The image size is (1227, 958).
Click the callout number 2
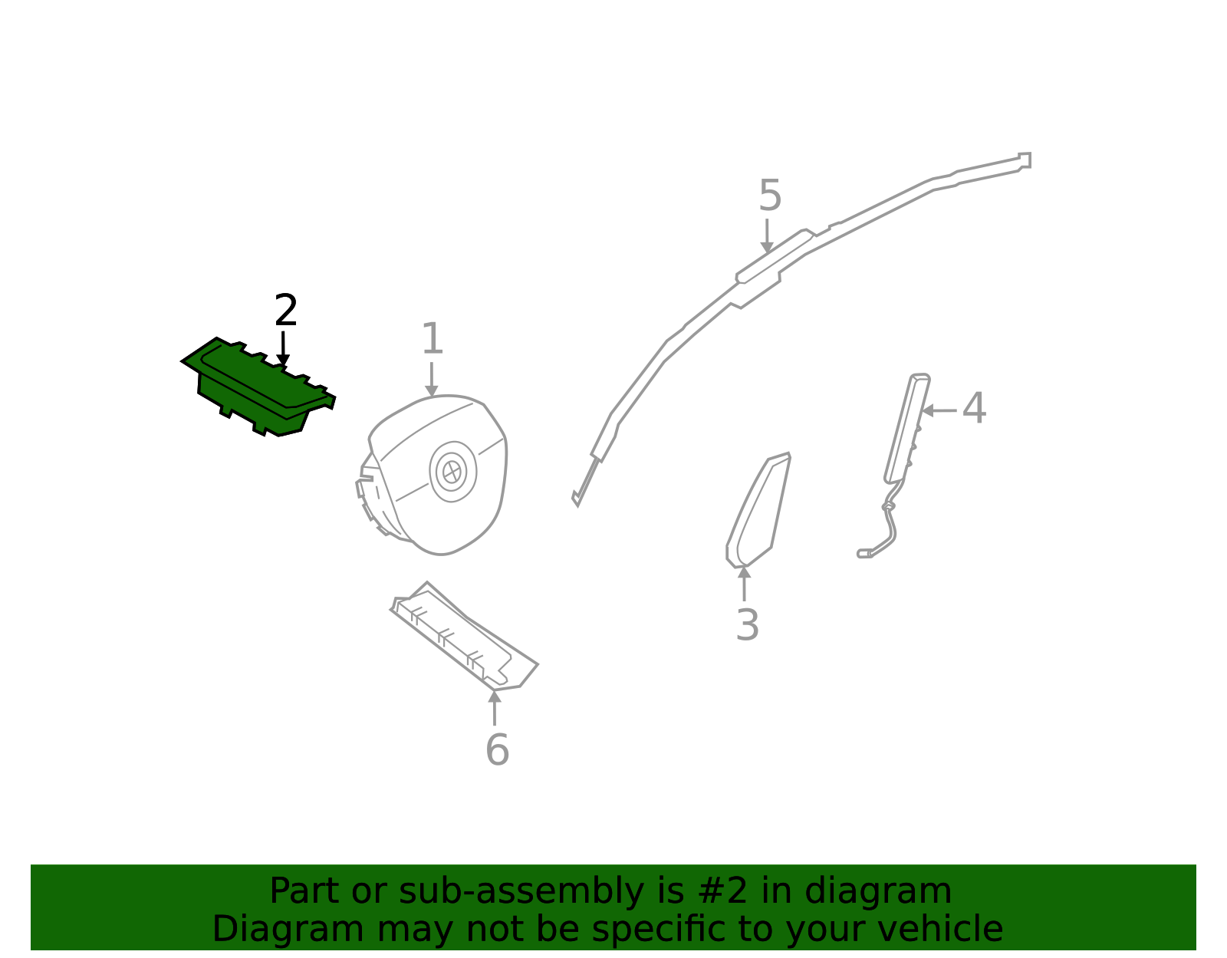(x=286, y=310)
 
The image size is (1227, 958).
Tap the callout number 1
(x=433, y=339)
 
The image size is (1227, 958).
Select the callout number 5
(x=770, y=196)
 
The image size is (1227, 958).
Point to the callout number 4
(x=974, y=407)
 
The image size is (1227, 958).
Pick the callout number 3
(x=747, y=625)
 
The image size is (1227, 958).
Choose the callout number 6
(x=497, y=749)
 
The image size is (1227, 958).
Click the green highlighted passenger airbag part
(x=258, y=387)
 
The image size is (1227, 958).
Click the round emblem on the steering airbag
(x=452, y=472)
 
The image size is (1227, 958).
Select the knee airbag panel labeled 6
(x=463, y=637)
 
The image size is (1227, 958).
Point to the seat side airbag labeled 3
(x=758, y=510)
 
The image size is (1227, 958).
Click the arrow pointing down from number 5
(x=766, y=235)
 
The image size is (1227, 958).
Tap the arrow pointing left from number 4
(x=939, y=410)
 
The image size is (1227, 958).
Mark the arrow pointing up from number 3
(x=744, y=584)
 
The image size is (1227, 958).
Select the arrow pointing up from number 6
(x=495, y=708)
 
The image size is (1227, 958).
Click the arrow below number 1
(x=432, y=380)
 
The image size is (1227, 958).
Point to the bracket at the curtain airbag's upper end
(x=1025, y=160)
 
